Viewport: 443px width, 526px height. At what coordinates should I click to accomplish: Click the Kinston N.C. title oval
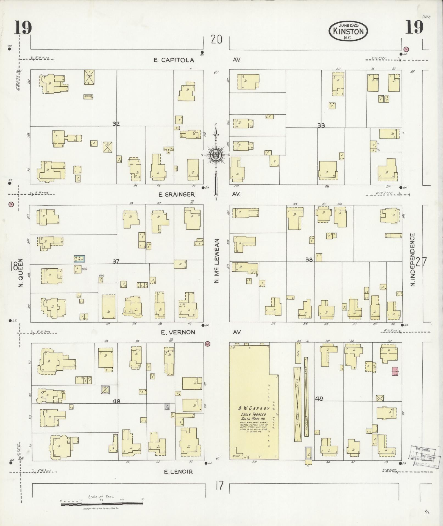tap(348, 31)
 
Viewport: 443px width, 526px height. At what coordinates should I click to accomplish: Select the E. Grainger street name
tap(176, 194)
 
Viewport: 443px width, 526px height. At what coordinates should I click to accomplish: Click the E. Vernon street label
tap(178, 332)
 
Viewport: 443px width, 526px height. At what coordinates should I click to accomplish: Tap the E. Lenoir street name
tap(178, 472)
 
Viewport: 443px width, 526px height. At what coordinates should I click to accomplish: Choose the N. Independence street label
tap(413, 260)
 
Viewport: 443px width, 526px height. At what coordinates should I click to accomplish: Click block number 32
tap(116, 124)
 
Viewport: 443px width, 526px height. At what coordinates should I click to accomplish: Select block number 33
tap(321, 125)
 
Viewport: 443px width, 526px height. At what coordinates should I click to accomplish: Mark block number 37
tap(116, 261)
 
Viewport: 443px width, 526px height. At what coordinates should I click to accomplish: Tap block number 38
tap(309, 259)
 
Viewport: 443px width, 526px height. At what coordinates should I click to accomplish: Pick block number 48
tap(116, 401)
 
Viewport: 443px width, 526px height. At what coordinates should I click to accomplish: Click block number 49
tap(319, 398)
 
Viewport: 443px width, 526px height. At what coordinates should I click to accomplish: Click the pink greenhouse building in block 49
tap(395, 371)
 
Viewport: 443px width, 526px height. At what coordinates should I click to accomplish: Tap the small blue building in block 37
tap(79, 258)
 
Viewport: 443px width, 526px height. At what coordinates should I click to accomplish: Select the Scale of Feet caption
tap(101, 497)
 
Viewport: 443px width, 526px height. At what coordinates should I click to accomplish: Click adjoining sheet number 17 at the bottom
tap(219, 486)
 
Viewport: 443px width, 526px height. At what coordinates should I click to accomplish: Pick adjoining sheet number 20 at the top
tap(216, 40)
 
